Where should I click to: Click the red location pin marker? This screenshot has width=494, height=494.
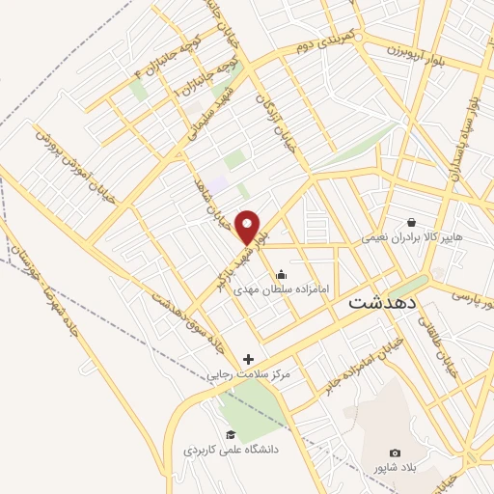[x=249, y=226]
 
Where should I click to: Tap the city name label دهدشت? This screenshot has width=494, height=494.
[x=382, y=302]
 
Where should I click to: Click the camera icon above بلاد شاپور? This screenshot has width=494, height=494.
[x=395, y=453]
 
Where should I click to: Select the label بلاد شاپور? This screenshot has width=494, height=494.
[x=395, y=469]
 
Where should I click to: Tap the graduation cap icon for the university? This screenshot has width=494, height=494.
[x=230, y=434]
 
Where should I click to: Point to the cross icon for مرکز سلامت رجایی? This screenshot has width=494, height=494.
[x=249, y=359]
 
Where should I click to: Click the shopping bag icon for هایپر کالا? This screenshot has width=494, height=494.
[x=412, y=221]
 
